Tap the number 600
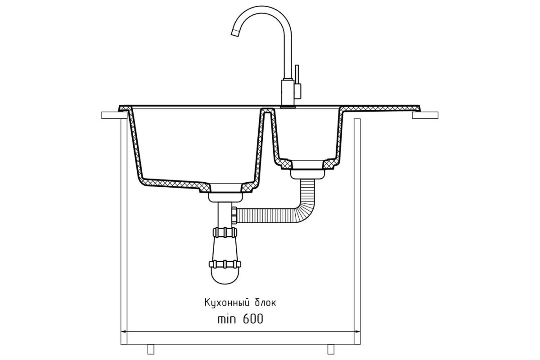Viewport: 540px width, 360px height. click(253, 319)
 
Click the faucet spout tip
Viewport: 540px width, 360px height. click(235, 33)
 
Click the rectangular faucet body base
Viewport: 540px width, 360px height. click(288, 93)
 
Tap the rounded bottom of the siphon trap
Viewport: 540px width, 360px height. click(225, 277)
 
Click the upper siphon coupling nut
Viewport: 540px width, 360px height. click(225, 232)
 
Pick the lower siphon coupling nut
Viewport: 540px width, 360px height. click(225, 264)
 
